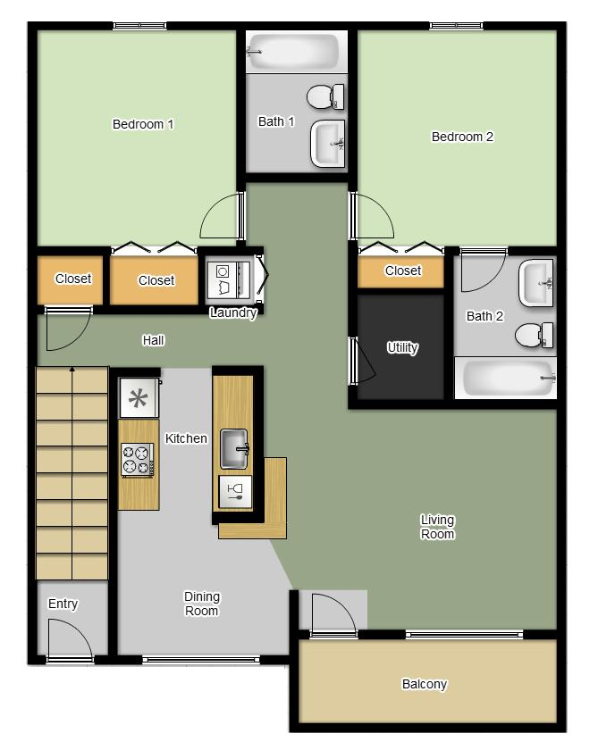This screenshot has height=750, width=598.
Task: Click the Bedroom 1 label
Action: [x=143, y=124]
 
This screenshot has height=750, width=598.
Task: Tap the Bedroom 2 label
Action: [x=462, y=137]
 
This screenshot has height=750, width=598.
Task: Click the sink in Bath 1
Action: [x=327, y=144]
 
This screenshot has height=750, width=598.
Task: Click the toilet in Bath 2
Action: [x=534, y=335]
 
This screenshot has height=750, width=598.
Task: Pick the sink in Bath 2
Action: [x=537, y=283]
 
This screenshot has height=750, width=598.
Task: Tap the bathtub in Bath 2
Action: [x=505, y=379]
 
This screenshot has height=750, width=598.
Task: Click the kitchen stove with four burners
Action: [x=138, y=459]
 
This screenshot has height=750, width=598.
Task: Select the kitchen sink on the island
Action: [x=234, y=448]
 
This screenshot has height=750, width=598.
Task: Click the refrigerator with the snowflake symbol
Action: [x=139, y=398]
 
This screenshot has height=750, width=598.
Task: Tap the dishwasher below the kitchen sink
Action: [x=236, y=492]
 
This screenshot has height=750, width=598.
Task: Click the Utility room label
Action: [x=401, y=347]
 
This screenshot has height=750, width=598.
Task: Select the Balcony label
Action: [x=424, y=685]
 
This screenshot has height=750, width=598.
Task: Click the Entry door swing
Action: [x=69, y=641]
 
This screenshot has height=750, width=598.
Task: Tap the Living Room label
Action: [x=437, y=527]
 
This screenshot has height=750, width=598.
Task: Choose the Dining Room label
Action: [x=202, y=604]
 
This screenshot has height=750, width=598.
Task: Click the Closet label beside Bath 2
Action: [x=402, y=271]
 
